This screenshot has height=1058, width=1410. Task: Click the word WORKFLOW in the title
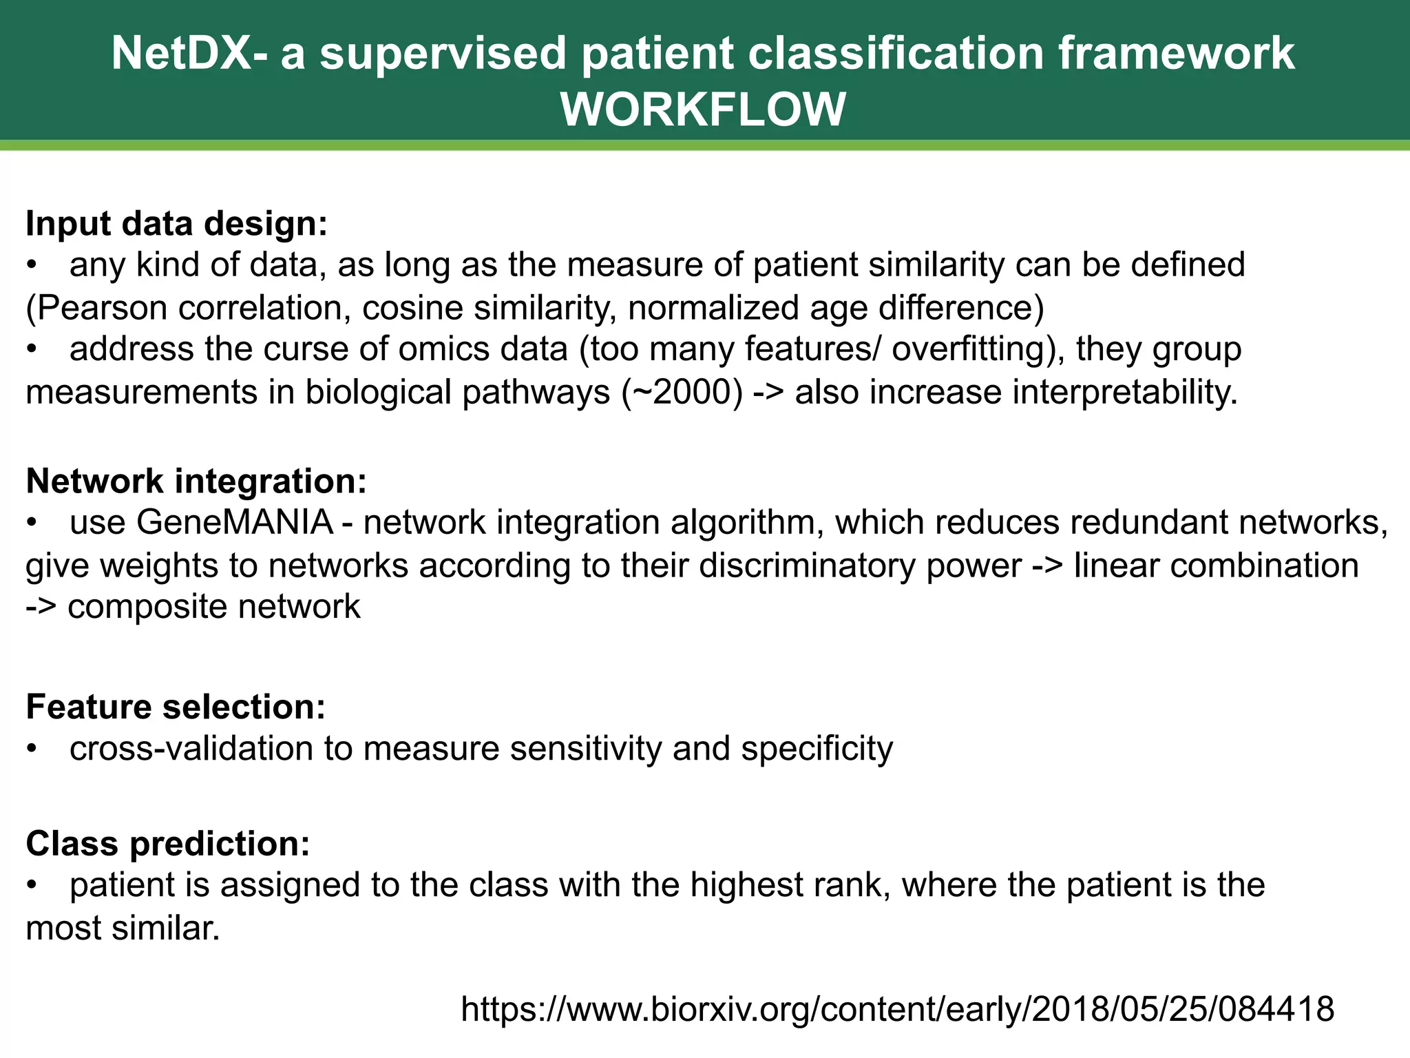(703, 110)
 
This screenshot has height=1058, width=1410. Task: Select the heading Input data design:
(176, 224)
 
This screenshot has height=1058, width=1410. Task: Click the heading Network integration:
(196, 481)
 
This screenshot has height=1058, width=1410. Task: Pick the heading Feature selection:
(176, 707)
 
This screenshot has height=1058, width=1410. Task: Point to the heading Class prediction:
(168, 843)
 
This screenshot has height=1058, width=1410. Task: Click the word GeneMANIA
(235, 522)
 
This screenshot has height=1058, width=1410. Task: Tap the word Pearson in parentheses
(101, 308)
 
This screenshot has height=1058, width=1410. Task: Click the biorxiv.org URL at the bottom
(897, 1008)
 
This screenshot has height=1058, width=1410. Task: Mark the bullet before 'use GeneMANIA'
(31, 523)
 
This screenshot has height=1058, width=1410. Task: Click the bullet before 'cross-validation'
(31, 749)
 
